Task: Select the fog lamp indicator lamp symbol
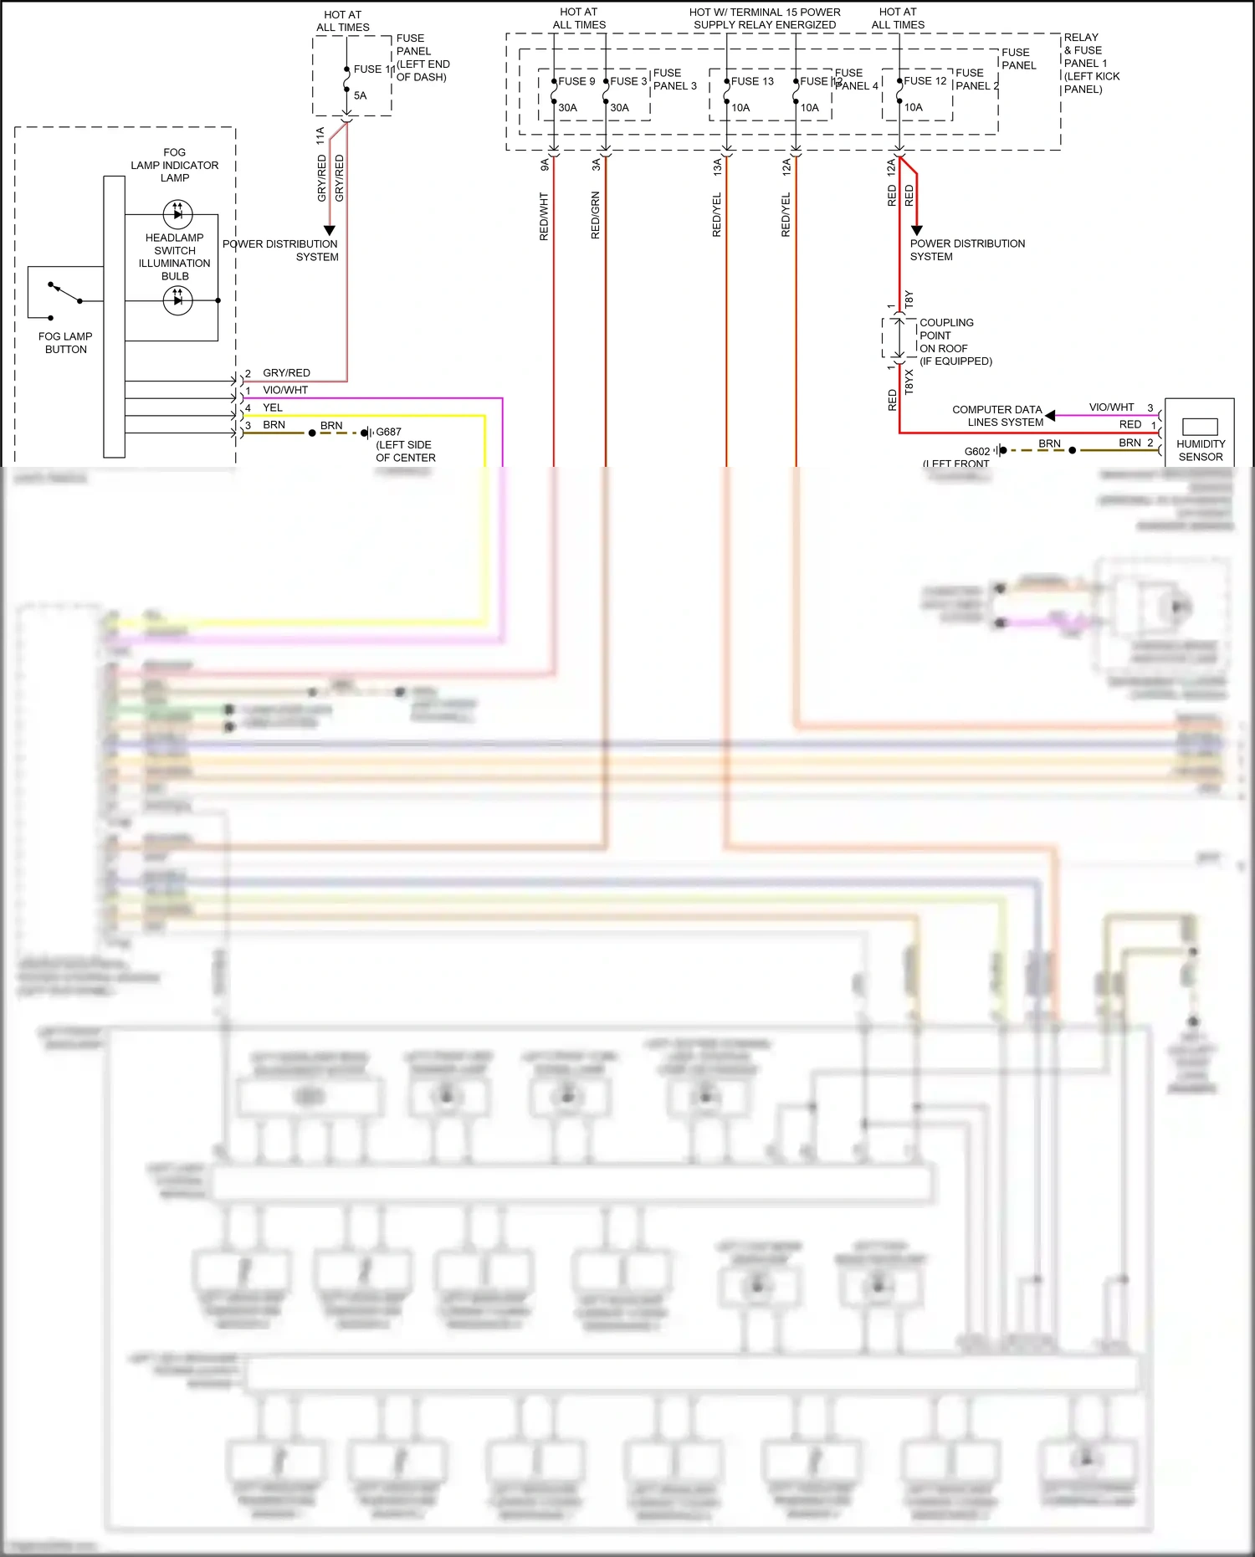point(177,214)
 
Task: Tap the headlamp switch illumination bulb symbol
point(177,300)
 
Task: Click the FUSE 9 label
point(576,81)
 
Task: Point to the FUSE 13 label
point(752,81)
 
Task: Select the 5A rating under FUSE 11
point(360,95)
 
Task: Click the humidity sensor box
point(1200,432)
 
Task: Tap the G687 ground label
point(388,432)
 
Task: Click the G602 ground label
point(976,451)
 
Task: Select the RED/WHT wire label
point(544,217)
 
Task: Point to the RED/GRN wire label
point(596,215)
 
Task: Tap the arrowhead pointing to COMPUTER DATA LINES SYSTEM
point(1050,415)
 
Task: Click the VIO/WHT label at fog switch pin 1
point(285,390)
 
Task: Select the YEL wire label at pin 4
point(273,407)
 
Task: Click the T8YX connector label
point(909,382)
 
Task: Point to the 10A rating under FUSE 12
point(914,107)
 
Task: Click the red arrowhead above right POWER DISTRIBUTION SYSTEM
point(916,230)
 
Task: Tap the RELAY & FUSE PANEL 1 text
point(1091,63)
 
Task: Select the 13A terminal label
point(717,166)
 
